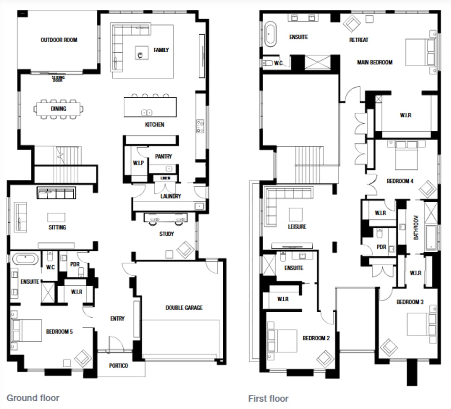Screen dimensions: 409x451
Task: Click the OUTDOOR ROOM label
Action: [x=59, y=40]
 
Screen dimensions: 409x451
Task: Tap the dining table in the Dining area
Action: [x=59, y=109]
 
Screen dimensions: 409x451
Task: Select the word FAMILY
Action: [x=161, y=50]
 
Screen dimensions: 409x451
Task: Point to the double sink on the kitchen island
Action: [x=146, y=112]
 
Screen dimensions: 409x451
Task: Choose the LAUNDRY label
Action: [x=170, y=196]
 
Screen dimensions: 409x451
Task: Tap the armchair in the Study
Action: [x=185, y=249]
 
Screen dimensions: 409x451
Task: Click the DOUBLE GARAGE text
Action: [x=184, y=308]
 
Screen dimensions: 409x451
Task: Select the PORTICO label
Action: [x=118, y=366]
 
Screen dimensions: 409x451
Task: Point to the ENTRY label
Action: [x=117, y=319]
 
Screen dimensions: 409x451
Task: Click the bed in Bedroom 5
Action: [x=26, y=330]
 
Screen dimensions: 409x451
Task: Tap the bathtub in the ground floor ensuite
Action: [x=25, y=259]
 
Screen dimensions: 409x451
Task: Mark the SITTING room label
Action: [x=57, y=227]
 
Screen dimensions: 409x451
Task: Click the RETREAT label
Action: [x=359, y=40]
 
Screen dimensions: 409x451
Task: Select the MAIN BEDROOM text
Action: [x=375, y=62]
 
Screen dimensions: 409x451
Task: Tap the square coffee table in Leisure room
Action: [x=297, y=214]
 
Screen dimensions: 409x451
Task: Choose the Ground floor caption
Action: [x=33, y=398]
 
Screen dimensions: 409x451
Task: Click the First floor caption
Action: [x=268, y=399]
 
